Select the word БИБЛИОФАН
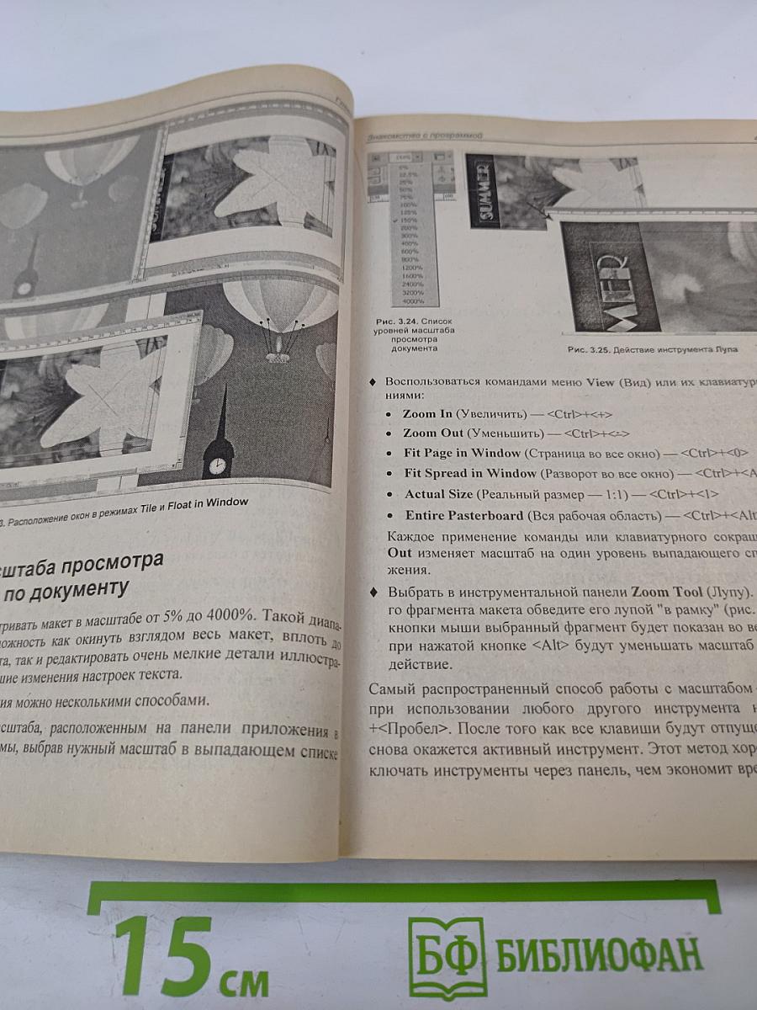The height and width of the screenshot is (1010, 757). click(600, 956)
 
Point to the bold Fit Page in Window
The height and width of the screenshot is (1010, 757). click(462, 453)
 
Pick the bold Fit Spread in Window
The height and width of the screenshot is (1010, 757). click(468, 473)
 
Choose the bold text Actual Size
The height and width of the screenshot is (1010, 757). click(438, 494)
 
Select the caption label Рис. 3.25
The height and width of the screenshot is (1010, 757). click(588, 348)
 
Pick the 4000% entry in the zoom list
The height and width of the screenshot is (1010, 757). click(413, 300)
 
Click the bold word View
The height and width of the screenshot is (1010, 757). click(601, 381)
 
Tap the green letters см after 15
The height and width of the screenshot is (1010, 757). click(244, 981)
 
